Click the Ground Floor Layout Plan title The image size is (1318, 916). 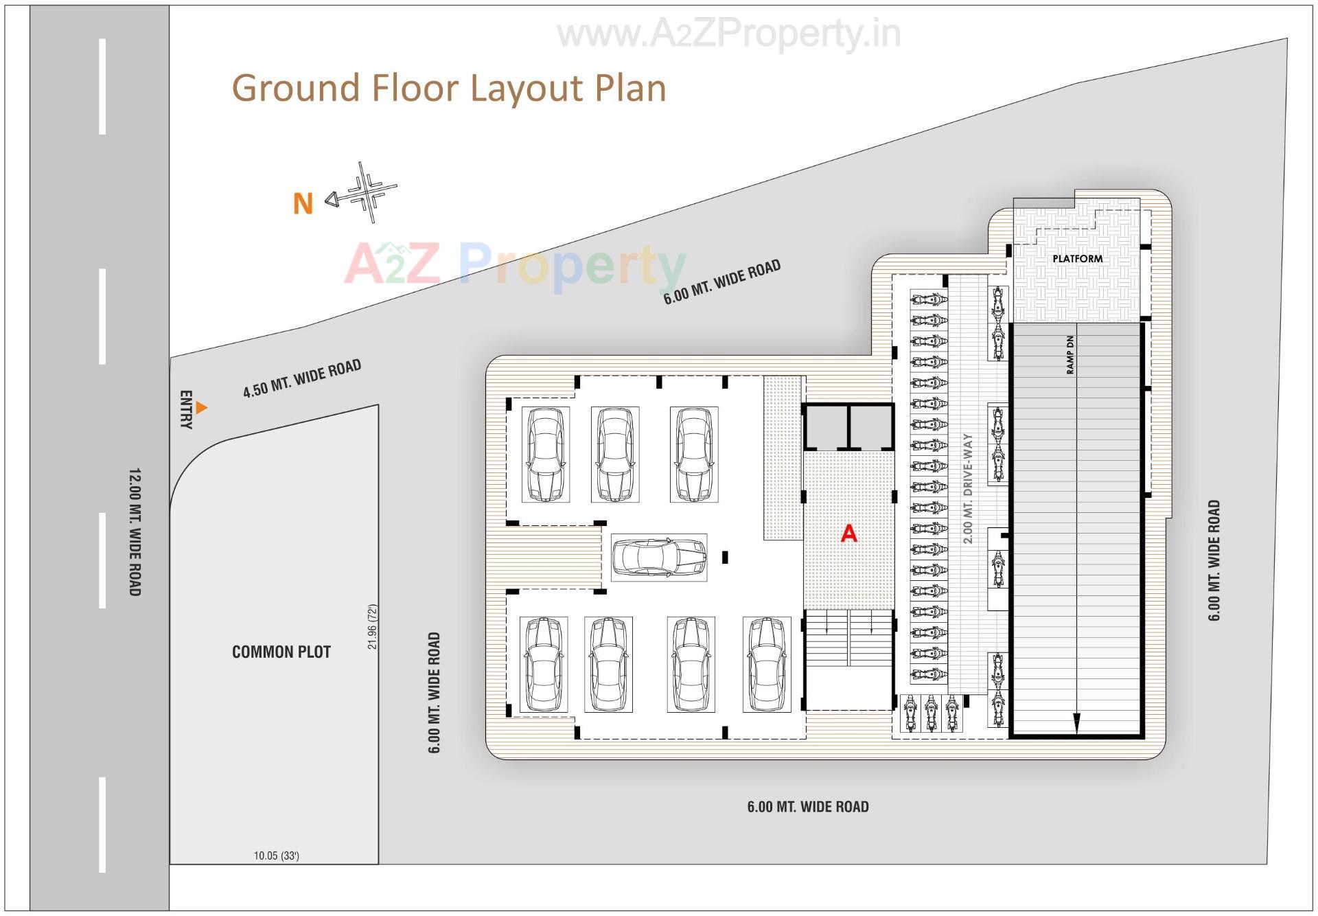click(449, 89)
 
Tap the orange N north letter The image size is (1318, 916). click(303, 204)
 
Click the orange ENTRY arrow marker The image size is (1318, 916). click(201, 408)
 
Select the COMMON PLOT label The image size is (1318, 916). click(281, 652)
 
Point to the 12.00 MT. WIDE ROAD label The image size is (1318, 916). click(135, 532)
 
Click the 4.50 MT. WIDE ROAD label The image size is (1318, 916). click(302, 379)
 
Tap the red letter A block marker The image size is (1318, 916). click(849, 534)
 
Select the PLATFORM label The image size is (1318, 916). click(1077, 259)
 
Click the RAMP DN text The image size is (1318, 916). click(1070, 355)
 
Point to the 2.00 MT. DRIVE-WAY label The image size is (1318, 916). click(968, 488)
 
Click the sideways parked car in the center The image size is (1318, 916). click(659, 557)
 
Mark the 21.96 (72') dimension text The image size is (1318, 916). click(373, 627)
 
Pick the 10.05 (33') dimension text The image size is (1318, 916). click(276, 856)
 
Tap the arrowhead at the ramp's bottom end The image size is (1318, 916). click(1076, 722)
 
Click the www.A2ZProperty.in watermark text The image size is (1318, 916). click(728, 34)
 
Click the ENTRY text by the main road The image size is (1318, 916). click(185, 410)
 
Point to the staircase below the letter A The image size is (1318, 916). click(849, 639)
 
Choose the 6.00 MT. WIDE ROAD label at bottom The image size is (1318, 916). click(808, 807)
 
